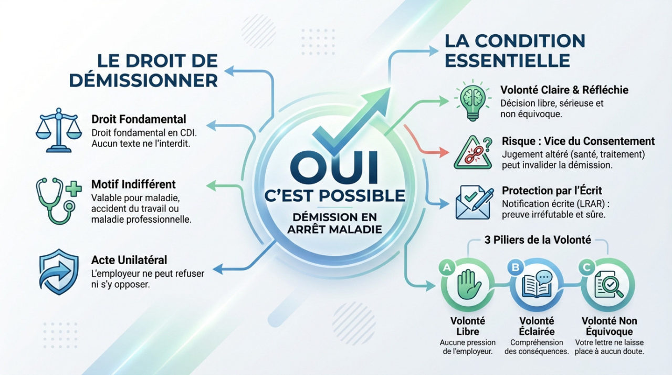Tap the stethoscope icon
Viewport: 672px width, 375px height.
[x=57, y=195]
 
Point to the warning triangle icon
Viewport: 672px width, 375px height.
[x=471, y=152]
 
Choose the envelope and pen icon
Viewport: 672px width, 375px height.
[x=472, y=202]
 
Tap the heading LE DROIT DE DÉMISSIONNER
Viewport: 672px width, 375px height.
[x=143, y=71]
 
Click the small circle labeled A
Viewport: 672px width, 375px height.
[x=447, y=267]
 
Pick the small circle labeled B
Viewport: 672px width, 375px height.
[x=515, y=267]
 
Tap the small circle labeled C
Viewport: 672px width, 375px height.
[x=586, y=267]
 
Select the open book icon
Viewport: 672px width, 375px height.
[x=537, y=284]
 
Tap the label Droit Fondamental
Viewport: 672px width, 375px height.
[x=139, y=119]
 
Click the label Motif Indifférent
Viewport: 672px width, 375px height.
[x=133, y=185]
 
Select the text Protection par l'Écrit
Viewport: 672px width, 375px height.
[x=551, y=191]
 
